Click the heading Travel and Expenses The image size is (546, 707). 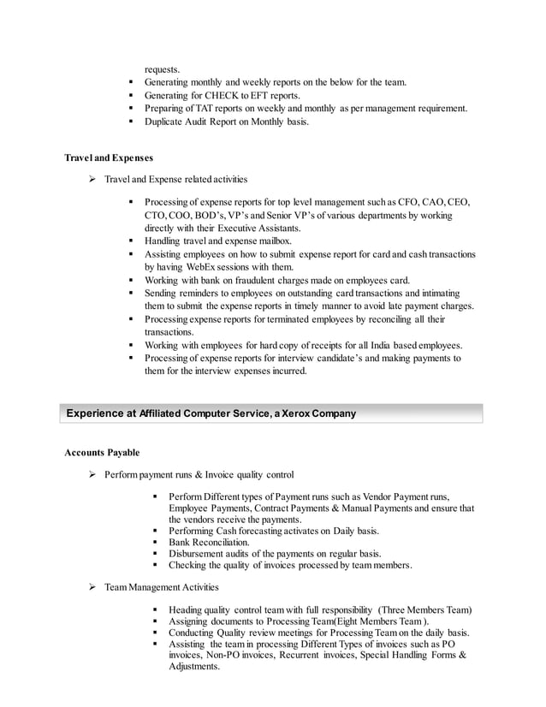coord(110,158)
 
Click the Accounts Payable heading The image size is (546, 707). coord(102,452)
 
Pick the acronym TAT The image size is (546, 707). coord(206,109)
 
